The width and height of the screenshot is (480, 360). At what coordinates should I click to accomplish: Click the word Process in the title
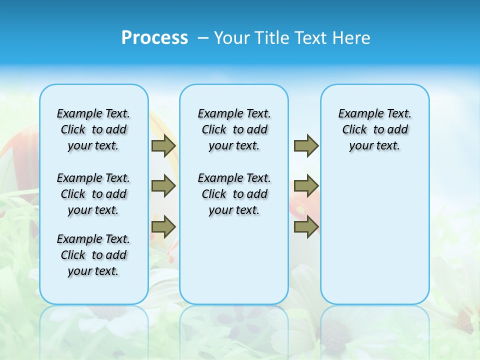(154, 38)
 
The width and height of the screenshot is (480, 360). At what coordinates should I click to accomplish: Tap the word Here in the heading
(352, 38)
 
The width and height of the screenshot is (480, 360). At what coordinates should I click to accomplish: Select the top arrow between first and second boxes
(163, 146)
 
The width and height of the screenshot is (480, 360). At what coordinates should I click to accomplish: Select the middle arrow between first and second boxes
(163, 186)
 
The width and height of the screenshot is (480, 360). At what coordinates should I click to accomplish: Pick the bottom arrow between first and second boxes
(163, 227)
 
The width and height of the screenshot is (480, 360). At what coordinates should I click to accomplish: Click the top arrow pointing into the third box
(306, 146)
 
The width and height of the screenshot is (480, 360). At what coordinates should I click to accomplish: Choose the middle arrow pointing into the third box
(306, 186)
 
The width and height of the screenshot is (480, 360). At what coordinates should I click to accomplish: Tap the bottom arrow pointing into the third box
(306, 227)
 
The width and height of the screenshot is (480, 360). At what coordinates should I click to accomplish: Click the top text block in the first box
(93, 129)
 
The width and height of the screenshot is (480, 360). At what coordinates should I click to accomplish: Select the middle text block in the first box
(93, 194)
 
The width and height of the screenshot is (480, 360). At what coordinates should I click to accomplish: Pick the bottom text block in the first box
(93, 255)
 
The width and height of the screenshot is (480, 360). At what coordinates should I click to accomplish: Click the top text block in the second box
(234, 129)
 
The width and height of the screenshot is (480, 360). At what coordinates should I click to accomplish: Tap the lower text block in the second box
(234, 194)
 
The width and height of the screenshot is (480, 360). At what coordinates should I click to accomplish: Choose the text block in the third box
(375, 129)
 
